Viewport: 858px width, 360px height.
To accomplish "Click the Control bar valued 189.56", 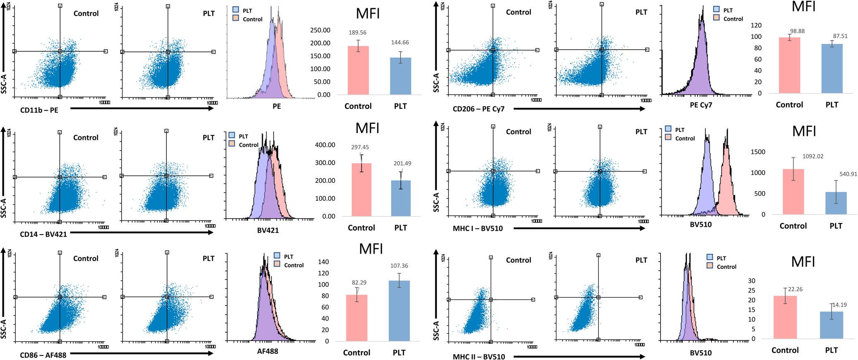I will tap(358, 70).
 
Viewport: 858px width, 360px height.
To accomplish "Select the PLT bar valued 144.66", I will tap(400, 76).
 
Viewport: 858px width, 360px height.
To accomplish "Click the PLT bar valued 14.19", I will tap(831, 325).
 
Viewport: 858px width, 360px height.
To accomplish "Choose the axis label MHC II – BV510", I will tap(479, 357).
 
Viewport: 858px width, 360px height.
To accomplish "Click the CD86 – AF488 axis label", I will tap(43, 355).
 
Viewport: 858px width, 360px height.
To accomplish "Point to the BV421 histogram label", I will tap(268, 230).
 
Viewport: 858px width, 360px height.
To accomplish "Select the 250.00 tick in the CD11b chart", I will tap(320, 30).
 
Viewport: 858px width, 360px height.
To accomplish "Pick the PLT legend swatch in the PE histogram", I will tap(236, 10).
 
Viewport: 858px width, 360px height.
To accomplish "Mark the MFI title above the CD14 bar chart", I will tap(368, 128).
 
